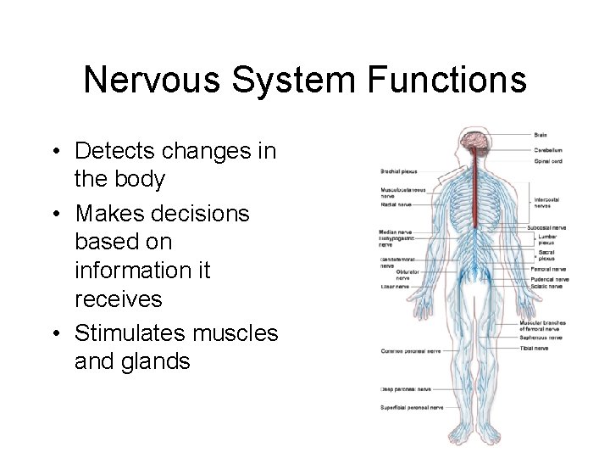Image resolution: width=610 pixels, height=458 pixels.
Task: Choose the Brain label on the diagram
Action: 540,135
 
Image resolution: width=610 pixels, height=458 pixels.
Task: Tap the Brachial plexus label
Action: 398,171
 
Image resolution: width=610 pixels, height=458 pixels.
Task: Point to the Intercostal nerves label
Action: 546,202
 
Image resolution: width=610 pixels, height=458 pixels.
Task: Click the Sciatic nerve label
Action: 546,287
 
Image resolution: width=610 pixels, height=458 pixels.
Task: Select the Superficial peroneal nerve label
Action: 412,407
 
